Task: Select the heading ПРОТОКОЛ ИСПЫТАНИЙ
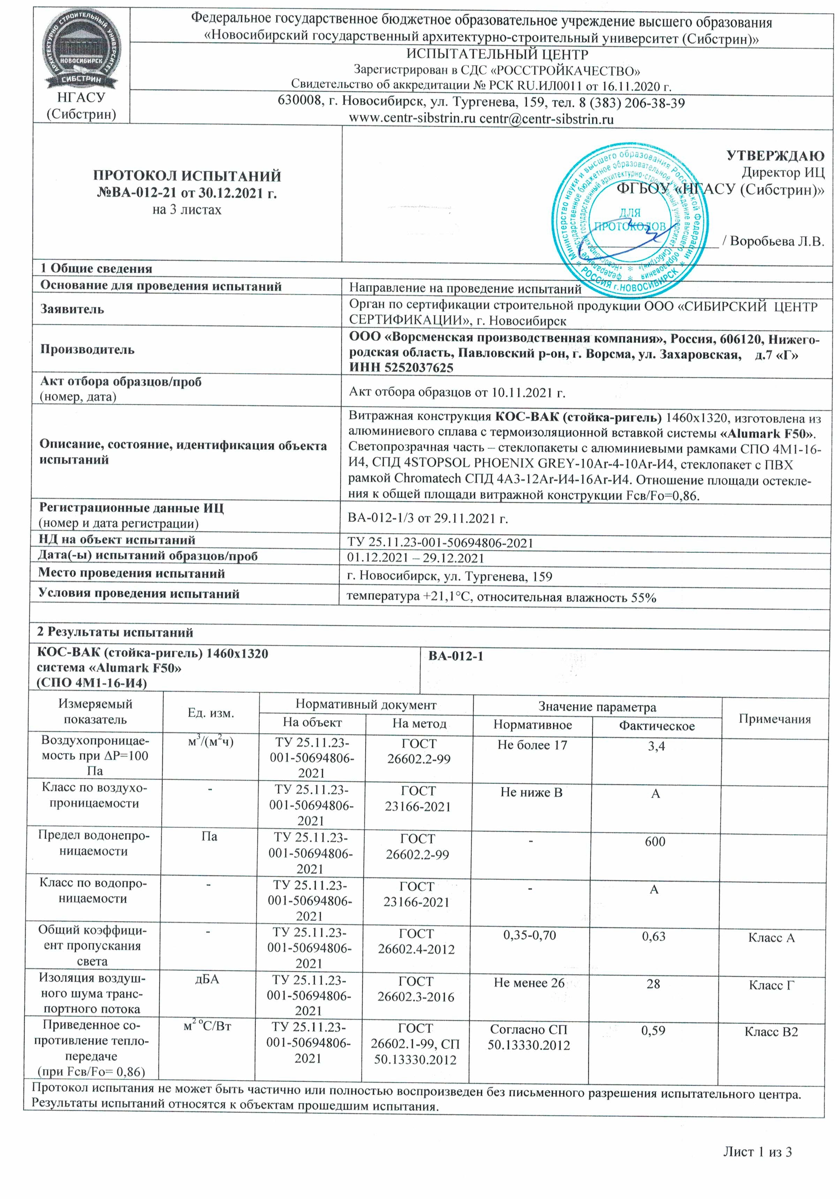pos(187,175)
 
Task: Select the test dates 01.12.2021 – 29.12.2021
pos(415,558)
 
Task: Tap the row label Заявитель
pos(72,309)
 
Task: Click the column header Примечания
pos(774,719)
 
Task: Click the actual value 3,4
pos(656,746)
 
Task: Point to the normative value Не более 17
pos(531,745)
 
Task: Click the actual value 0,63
pos(653,936)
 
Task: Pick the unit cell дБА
pos(207,979)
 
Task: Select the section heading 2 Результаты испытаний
pos(115,632)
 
